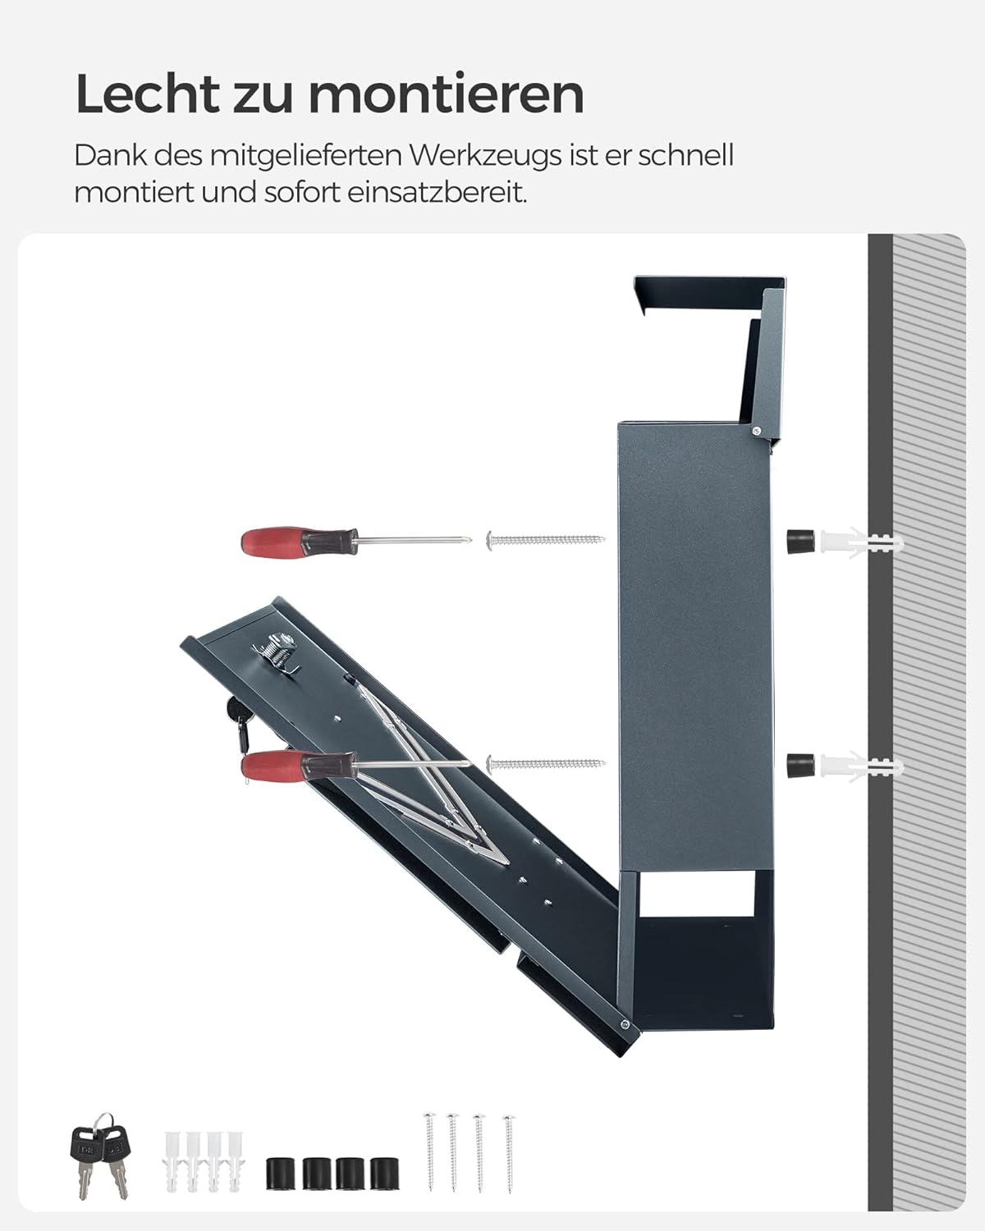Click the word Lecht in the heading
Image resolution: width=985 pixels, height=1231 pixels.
point(147,94)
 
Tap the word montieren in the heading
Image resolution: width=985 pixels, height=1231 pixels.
point(447,94)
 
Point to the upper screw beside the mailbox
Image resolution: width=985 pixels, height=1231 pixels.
point(545,539)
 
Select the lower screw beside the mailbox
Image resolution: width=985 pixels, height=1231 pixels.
point(545,764)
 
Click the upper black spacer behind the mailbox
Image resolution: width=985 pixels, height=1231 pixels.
point(800,540)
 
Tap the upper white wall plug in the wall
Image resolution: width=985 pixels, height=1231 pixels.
point(862,542)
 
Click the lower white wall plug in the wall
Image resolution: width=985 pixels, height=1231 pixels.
point(862,767)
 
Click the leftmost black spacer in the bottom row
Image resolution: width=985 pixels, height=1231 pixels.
point(282,1174)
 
